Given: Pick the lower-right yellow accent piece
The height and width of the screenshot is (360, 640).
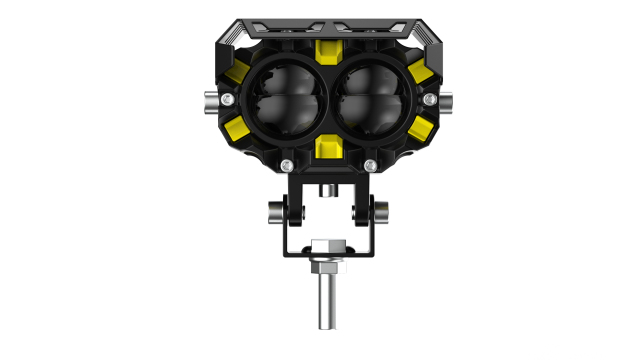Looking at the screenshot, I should (414, 128).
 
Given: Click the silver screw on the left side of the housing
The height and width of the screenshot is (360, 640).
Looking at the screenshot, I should (230, 98).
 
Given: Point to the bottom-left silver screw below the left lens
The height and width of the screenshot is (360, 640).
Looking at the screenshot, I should (287, 164).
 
